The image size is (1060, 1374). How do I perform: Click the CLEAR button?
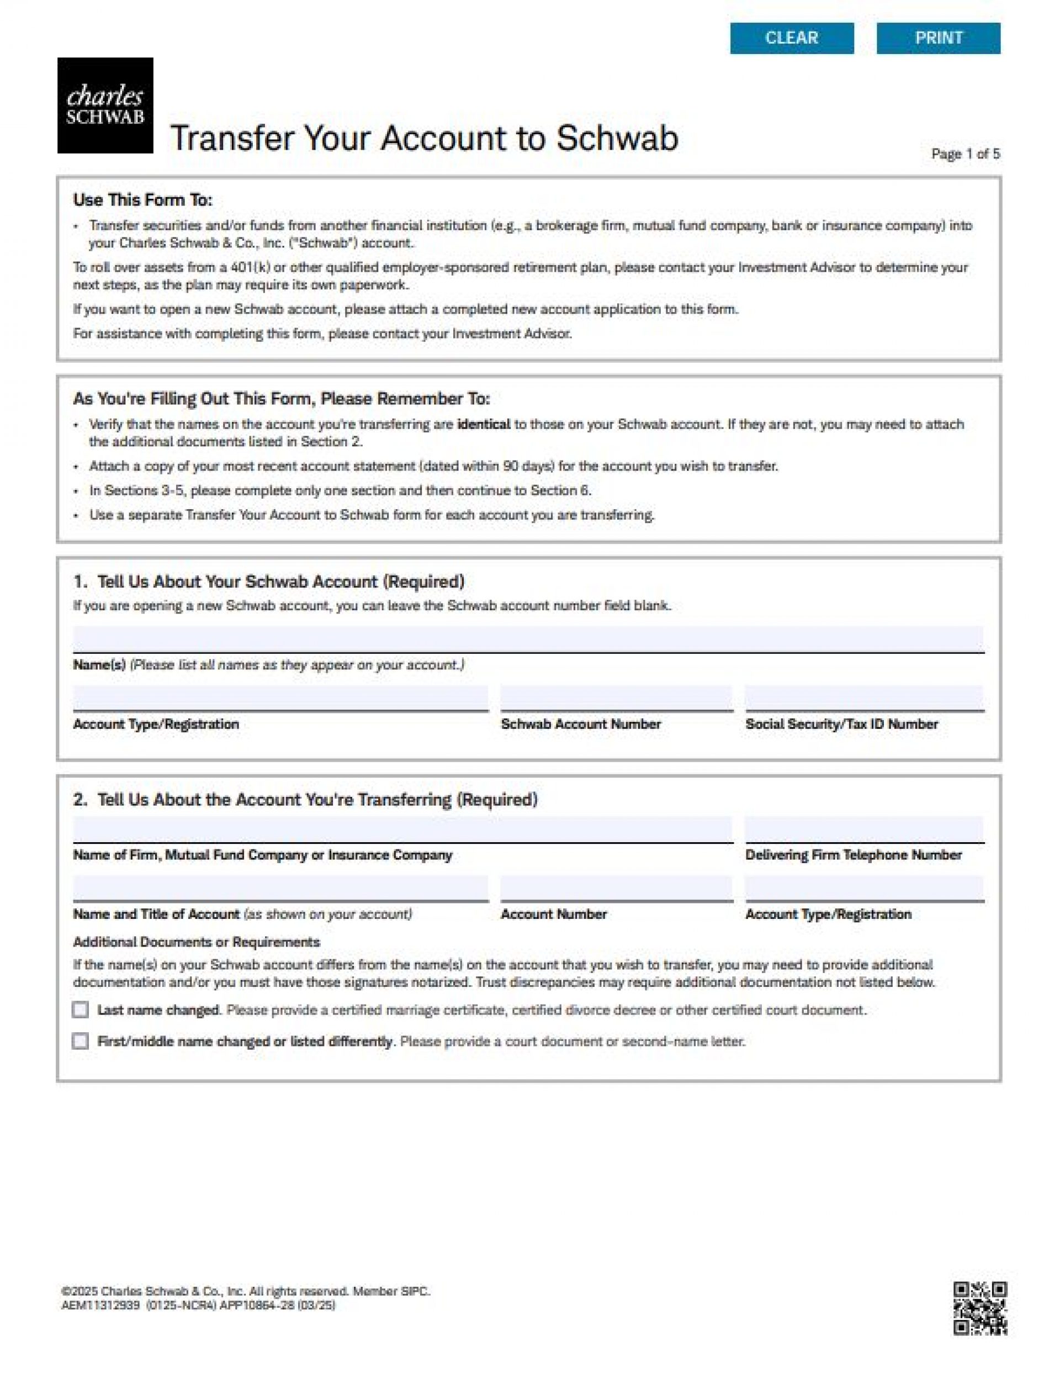[x=791, y=38]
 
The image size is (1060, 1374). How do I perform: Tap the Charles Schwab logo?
[x=105, y=105]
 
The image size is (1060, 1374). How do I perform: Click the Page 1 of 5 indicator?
[x=965, y=154]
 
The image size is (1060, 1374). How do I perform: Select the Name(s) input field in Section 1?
[x=528, y=638]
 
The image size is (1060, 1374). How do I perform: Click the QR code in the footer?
[x=979, y=1309]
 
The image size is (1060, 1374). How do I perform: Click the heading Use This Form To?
[x=143, y=200]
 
